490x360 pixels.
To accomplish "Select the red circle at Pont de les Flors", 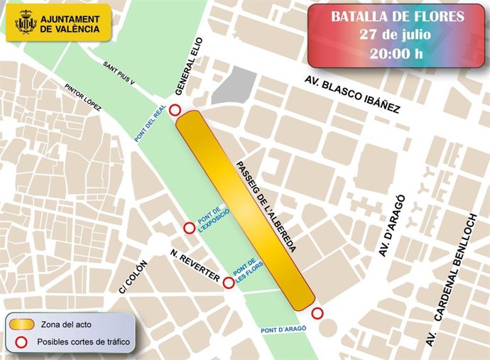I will click(229, 283).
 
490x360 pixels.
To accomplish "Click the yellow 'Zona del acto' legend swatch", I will click(21, 324).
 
